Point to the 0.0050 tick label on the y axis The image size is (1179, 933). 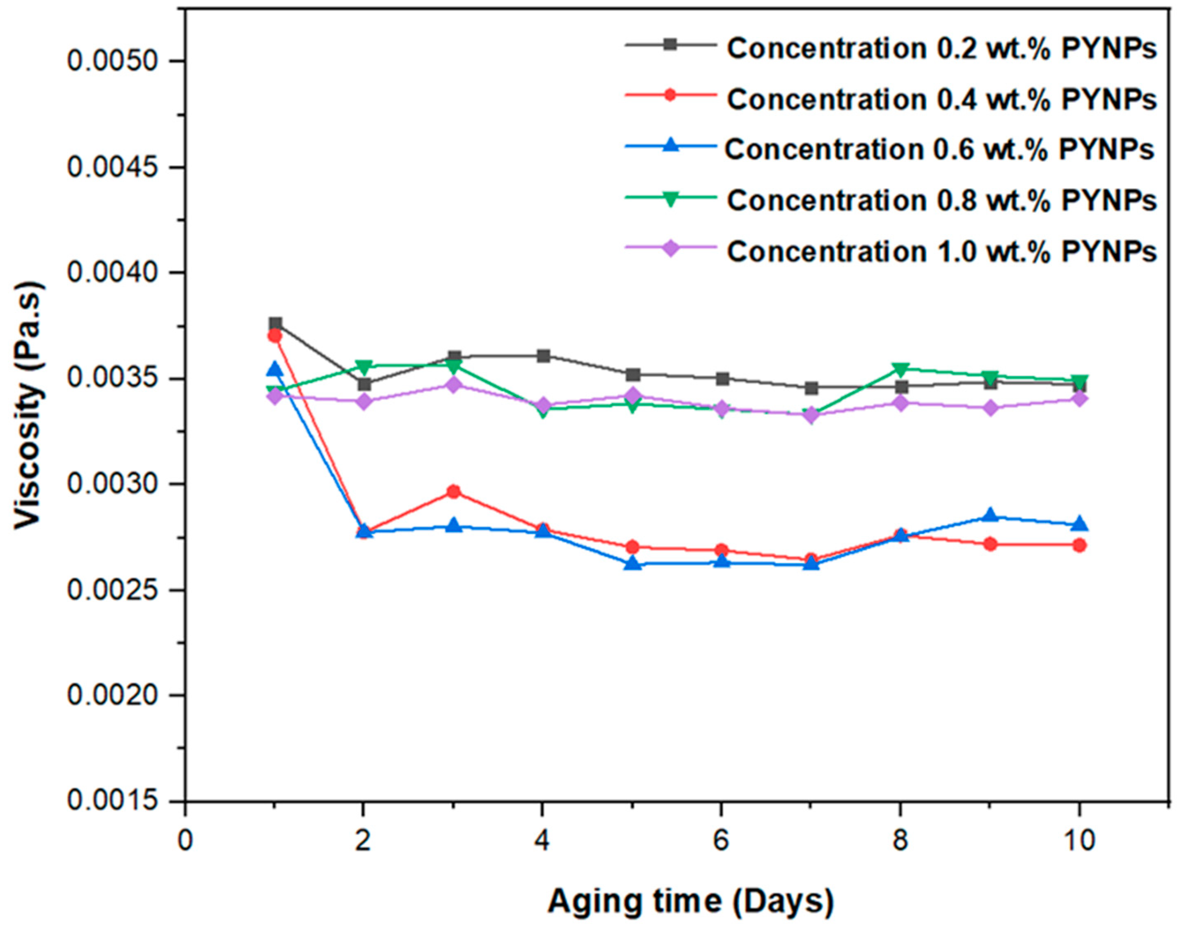117,61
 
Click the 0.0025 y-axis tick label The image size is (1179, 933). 117,590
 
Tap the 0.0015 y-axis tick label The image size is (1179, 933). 117,801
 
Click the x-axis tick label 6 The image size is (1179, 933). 721,841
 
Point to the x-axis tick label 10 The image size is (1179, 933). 1078,841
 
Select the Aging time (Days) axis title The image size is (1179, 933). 691,901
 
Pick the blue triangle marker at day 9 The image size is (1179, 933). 989,515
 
